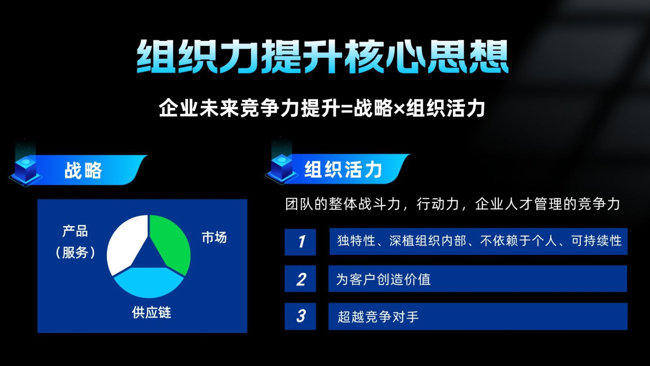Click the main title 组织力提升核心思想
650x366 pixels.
coord(323,57)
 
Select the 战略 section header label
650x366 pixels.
coord(83,170)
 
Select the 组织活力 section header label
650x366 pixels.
coord(343,170)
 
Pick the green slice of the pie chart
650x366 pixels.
coord(171,243)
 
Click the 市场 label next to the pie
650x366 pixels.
coord(214,237)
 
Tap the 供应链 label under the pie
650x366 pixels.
coord(152,312)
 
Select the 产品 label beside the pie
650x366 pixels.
coord(75,231)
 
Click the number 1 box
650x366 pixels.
coord(300,242)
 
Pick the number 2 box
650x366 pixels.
coord(300,279)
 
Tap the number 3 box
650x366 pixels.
coord(300,316)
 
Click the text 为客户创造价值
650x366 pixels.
coord(383,279)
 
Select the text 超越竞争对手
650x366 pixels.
coord(378,316)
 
